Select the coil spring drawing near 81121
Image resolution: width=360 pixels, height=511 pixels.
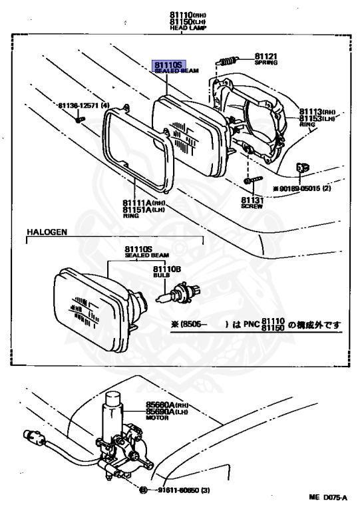228,60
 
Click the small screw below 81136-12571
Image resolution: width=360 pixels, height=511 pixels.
79,119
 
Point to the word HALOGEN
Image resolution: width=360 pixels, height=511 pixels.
47,232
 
